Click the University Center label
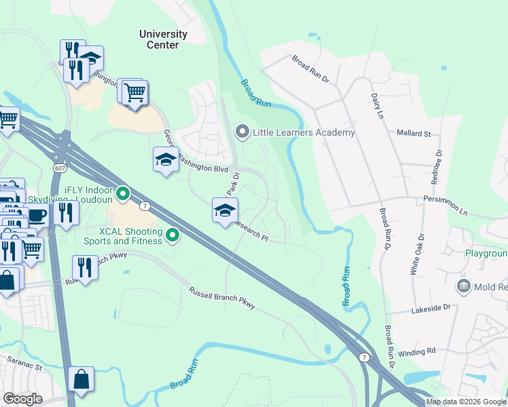click(x=163, y=39)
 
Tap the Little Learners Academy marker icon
click(x=241, y=132)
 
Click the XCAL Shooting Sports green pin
click(x=173, y=236)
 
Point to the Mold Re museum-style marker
click(x=465, y=285)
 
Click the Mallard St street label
click(x=414, y=134)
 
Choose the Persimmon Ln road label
click(x=444, y=212)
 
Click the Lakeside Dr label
click(x=431, y=308)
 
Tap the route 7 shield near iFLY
click(x=144, y=206)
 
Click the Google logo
click(x=23, y=398)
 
